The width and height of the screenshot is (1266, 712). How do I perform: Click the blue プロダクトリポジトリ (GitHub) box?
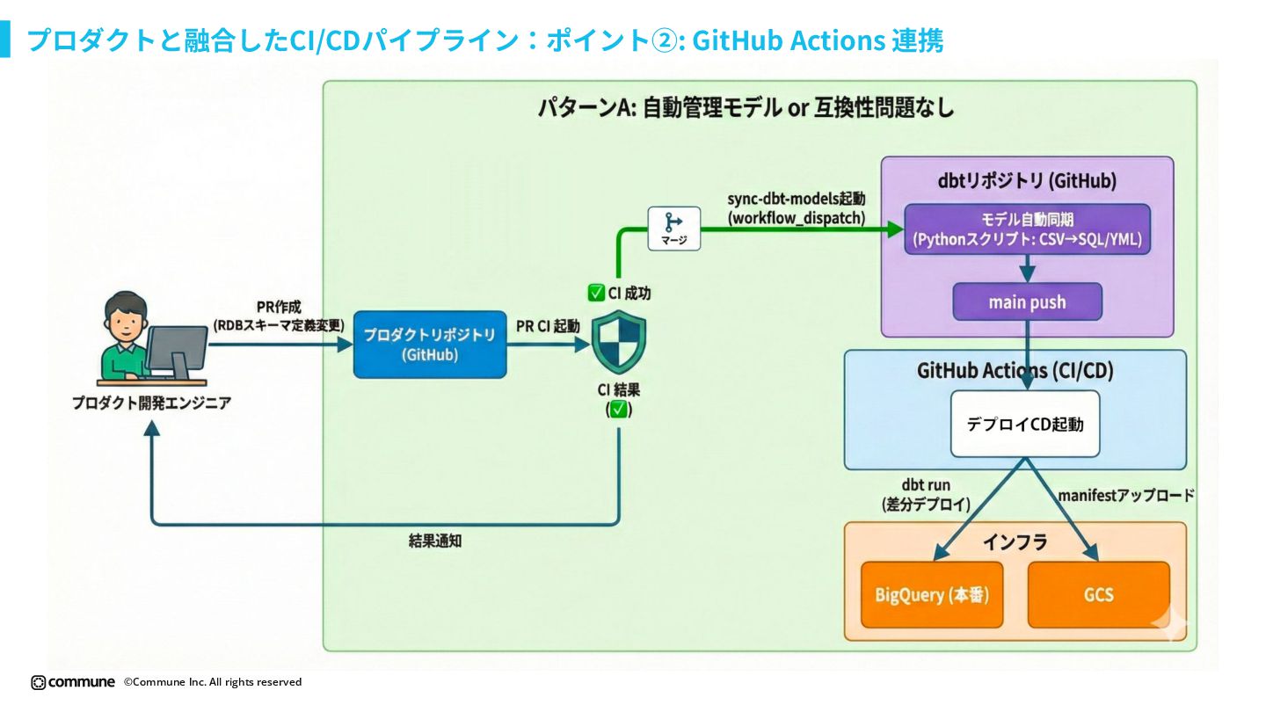tap(430, 345)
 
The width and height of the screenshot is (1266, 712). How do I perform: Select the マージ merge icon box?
tap(674, 229)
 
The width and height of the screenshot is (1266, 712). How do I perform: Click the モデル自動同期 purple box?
tap(1027, 229)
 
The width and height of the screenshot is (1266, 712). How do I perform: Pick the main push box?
tap(1027, 302)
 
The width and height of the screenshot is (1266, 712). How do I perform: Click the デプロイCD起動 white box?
tap(1025, 424)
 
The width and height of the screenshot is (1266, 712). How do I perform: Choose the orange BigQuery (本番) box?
tap(932, 594)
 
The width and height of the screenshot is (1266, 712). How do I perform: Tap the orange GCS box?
tap(1098, 594)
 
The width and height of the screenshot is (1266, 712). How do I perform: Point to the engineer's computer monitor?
tap(177, 349)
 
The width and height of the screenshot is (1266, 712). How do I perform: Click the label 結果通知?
tap(435, 541)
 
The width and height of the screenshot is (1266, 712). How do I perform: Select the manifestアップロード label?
tap(1126, 496)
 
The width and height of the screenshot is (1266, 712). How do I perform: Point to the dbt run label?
tap(926, 485)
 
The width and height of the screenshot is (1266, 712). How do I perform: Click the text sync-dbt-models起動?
tap(797, 200)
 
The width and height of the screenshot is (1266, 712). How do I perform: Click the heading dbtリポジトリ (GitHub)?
tap(1027, 181)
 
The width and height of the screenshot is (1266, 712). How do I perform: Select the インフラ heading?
tap(1015, 542)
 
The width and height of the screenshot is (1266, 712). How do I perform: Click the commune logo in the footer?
tap(73, 682)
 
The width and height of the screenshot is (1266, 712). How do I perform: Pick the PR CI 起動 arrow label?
tap(548, 326)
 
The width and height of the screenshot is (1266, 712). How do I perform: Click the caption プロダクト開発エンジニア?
tap(151, 403)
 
